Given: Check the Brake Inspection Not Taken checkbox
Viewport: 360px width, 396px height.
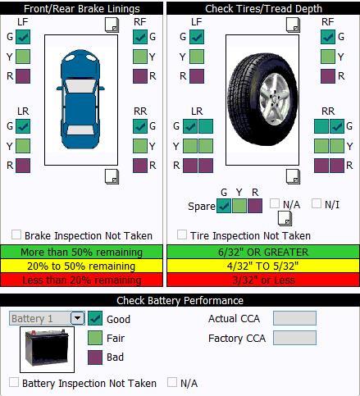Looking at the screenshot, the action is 16,234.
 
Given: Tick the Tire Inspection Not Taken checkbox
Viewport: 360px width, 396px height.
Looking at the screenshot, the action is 182,234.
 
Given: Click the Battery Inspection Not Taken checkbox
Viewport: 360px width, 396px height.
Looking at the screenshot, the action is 14,382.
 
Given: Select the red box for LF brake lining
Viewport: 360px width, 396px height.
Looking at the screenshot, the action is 23,76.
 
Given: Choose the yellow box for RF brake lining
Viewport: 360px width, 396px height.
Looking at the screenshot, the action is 140,57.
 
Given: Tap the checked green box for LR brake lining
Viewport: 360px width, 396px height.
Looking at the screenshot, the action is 23,126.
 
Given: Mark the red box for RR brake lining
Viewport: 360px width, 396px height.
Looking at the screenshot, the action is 140,166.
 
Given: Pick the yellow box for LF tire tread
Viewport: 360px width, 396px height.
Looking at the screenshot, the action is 197,57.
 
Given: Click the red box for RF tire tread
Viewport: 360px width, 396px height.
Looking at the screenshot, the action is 328,76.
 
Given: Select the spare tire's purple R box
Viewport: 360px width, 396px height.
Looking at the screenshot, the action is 255,206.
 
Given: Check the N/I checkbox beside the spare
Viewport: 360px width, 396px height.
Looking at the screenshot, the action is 317,203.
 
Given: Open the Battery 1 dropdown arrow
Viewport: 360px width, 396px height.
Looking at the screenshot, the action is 78,318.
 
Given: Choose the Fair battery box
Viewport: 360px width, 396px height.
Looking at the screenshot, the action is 95,338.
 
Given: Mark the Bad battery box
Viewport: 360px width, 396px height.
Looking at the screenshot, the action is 95,357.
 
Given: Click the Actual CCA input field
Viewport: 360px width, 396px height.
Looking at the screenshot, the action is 294,318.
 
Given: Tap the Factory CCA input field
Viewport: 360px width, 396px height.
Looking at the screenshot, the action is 294,338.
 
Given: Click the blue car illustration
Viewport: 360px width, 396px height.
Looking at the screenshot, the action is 80,99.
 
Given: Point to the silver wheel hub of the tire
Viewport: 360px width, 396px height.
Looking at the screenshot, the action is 274,99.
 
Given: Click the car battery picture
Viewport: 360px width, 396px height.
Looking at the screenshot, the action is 47,348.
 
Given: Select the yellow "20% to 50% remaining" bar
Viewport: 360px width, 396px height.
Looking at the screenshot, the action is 81,266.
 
